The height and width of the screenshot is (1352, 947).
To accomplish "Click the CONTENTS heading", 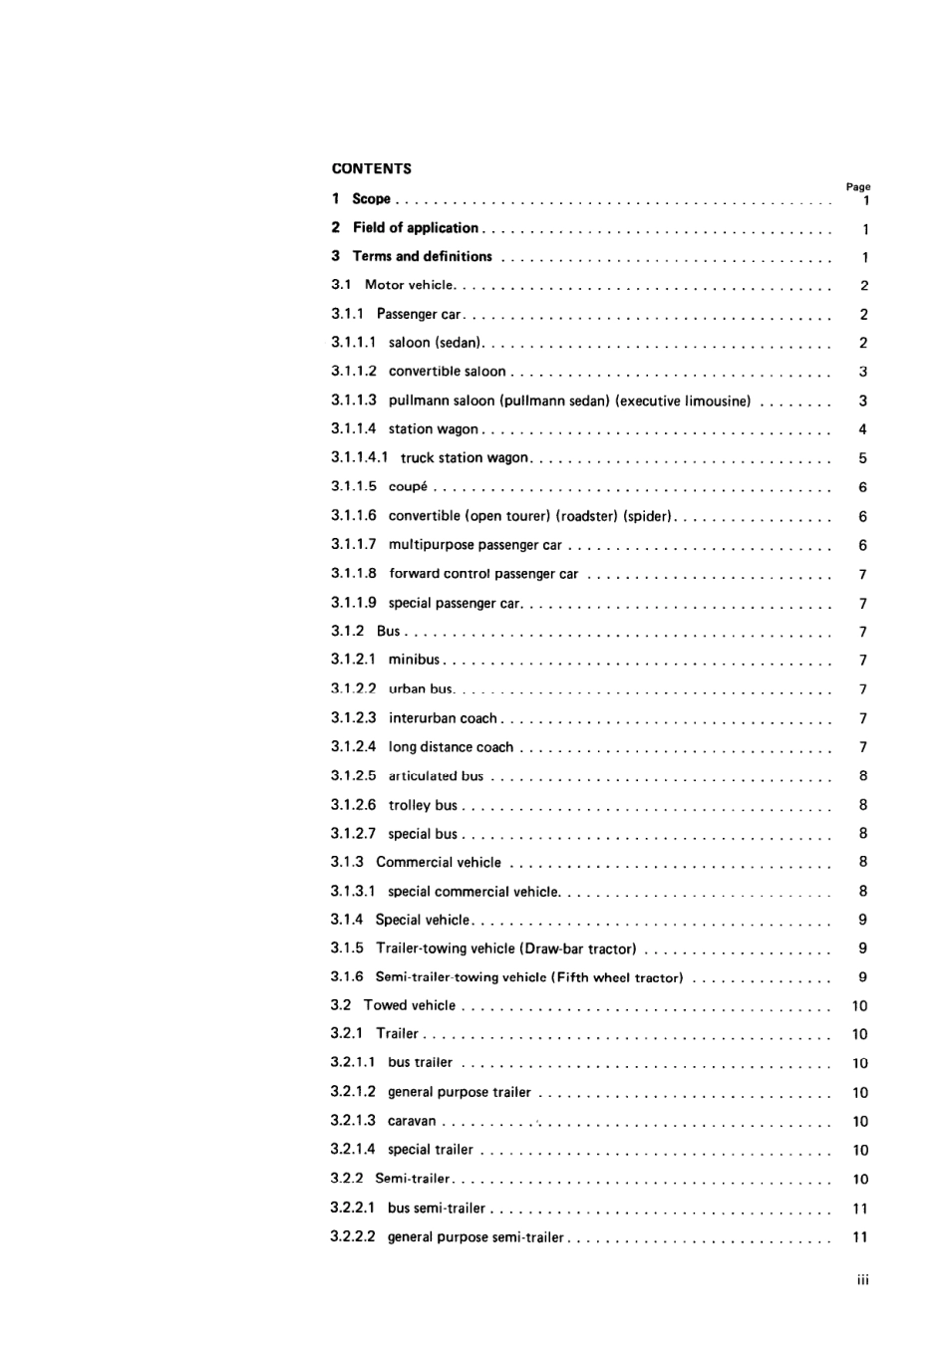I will click(371, 168).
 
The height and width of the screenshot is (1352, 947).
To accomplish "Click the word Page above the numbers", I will click(857, 186).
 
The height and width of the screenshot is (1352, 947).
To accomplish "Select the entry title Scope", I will click(371, 198).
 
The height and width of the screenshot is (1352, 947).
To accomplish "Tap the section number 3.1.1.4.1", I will click(359, 458).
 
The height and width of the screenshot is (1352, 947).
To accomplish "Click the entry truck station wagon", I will click(465, 458).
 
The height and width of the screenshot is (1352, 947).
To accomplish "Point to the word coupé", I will click(408, 487).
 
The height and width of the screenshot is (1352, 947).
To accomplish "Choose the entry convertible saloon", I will click(447, 372).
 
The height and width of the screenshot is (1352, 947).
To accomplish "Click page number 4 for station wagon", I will click(862, 429).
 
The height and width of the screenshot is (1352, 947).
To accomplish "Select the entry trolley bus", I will click(423, 805).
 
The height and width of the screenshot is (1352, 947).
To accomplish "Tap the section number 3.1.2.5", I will click(354, 776).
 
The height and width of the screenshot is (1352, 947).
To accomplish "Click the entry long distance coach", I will click(451, 747).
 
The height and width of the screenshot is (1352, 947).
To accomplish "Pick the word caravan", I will click(412, 1121).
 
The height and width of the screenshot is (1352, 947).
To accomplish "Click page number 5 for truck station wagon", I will click(862, 458).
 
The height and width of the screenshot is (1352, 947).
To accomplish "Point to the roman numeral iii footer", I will click(862, 1280).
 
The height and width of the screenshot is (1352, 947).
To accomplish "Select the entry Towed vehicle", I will click(409, 1005).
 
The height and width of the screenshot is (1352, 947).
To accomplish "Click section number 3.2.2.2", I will click(353, 1236).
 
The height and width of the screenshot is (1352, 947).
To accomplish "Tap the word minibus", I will click(414, 660).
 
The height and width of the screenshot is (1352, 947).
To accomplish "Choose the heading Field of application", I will click(415, 227).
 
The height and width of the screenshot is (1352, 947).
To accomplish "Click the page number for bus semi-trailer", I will click(860, 1209).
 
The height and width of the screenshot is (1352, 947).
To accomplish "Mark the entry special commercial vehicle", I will click(473, 892).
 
